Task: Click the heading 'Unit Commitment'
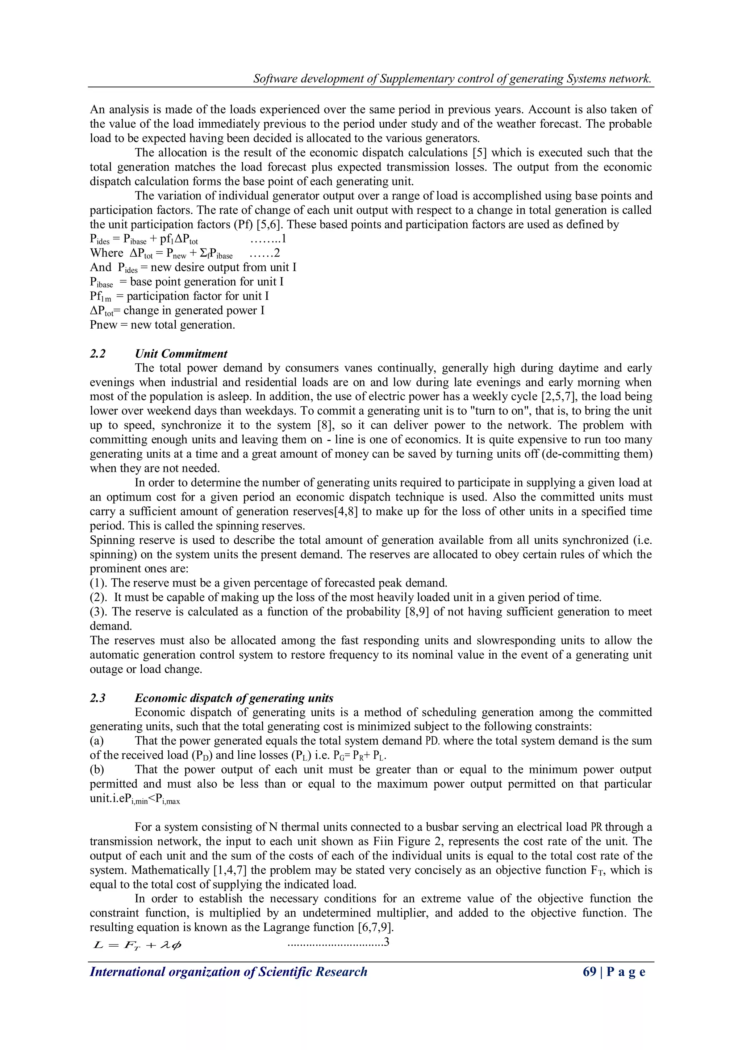(x=181, y=354)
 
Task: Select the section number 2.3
(x=97, y=698)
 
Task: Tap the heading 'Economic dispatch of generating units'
(x=234, y=698)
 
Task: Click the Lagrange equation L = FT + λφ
(x=137, y=945)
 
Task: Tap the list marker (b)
(x=97, y=769)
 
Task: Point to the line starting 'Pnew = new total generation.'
(x=162, y=325)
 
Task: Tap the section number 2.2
(x=97, y=354)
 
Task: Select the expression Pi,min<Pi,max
(x=153, y=799)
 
